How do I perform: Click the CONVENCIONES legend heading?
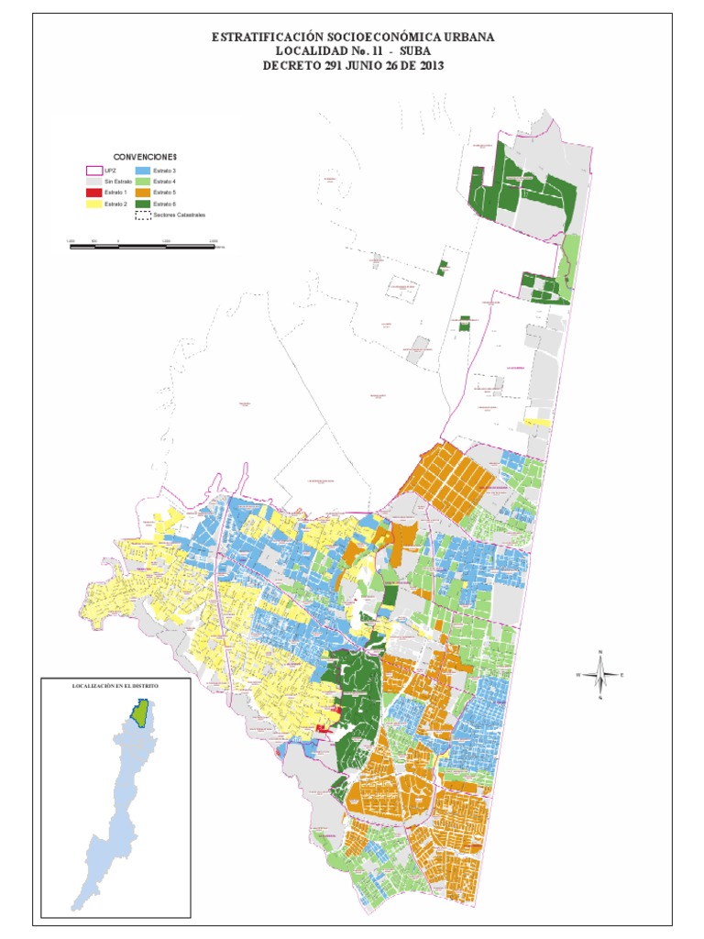click(145, 157)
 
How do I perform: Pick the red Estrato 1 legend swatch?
click(93, 193)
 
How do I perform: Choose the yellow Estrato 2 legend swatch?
click(93, 204)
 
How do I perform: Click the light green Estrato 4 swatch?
click(143, 182)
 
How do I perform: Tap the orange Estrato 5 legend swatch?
click(143, 193)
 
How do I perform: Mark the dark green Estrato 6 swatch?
click(143, 204)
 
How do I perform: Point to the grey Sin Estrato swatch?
click(93, 182)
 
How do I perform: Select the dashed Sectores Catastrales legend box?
click(143, 215)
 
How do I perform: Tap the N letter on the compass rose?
click(599, 652)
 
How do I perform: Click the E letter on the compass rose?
click(622, 675)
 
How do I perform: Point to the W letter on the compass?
click(577, 675)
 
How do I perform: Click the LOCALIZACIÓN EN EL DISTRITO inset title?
click(115, 686)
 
